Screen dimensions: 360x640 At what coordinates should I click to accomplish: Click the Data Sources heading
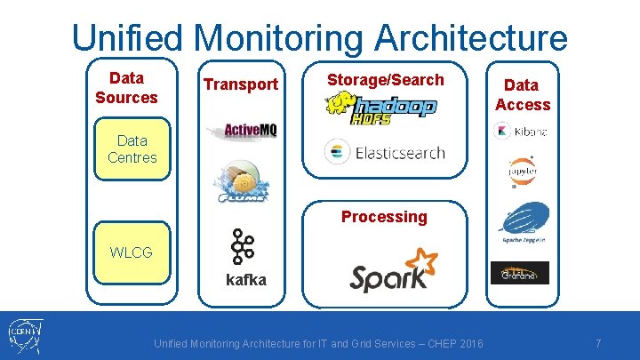pos(126,87)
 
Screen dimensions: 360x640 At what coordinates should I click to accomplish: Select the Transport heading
pos(241,84)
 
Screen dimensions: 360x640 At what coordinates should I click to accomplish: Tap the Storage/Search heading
pos(385,80)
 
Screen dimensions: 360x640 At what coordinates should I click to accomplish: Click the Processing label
pos(384,217)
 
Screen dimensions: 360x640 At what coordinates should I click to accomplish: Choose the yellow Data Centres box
pos(132,149)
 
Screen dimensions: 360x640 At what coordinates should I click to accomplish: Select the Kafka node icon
pos(241,246)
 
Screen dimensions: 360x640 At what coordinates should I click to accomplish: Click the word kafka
pos(245,279)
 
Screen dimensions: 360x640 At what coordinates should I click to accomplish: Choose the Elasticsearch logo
pos(385,152)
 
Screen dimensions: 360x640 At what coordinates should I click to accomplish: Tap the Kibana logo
pos(521,132)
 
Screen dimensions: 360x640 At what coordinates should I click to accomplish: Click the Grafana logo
pos(521,273)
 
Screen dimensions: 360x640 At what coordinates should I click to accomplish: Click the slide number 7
pos(598,343)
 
